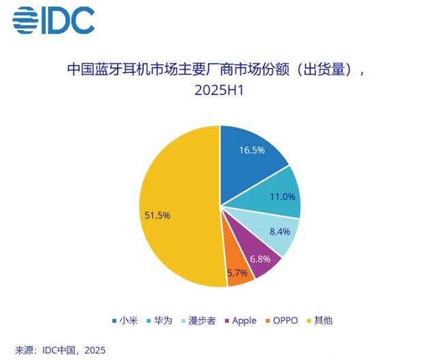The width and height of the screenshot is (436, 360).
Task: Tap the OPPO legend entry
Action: (287, 319)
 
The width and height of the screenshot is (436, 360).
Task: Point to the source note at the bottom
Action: (61, 350)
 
